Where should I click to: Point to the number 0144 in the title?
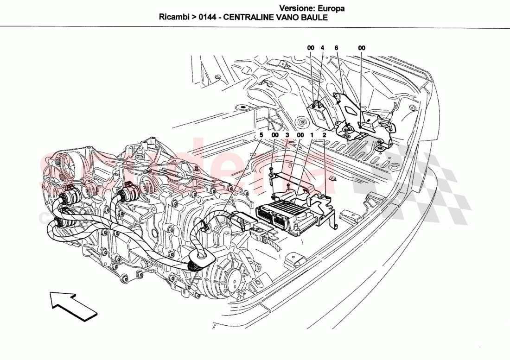pyautogui.click(x=206, y=18)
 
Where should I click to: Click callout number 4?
pyautogui.click(x=323, y=48)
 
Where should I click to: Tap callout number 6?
pyautogui.click(x=336, y=48)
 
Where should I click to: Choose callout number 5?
pyautogui.click(x=261, y=135)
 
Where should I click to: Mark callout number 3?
pyautogui.click(x=287, y=135)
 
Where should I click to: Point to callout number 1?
pyautogui.click(x=312, y=135)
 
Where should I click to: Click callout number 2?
pyautogui.click(x=324, y=135)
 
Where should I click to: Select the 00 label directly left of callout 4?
pyautogui.click(x=311, y=48)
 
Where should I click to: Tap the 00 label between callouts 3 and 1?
pyautogui.click(x=300, y=135)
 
